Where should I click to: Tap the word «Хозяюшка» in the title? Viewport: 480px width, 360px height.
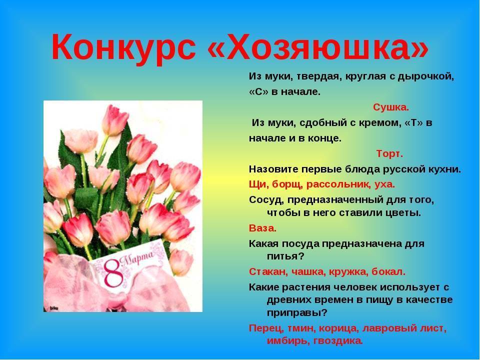317,46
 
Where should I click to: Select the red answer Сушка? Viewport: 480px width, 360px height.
391,107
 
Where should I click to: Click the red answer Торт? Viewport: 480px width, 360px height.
389,153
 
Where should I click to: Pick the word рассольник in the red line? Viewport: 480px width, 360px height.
336,184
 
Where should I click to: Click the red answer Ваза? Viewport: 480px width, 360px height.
262,228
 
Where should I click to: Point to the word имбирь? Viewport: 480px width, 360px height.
286,340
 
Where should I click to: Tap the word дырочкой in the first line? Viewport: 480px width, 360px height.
426,76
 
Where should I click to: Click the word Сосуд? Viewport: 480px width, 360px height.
266,200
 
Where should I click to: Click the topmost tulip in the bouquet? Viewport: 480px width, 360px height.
115,120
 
